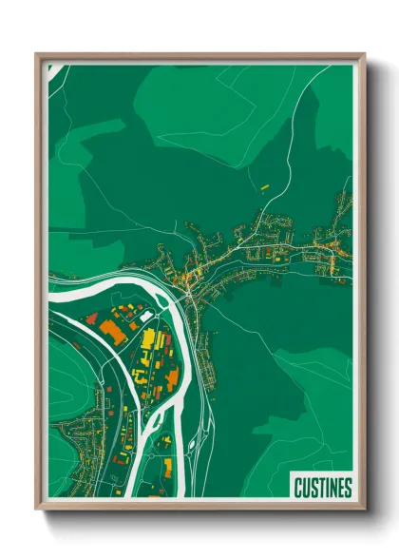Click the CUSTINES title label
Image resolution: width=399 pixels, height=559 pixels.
click(x=322, y=487)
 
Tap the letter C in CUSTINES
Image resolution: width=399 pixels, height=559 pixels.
click(x=297, y=487)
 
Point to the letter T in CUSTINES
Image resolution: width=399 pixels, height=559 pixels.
click(x=318, y=487)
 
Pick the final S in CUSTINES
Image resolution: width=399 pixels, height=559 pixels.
click(x=348, y=487)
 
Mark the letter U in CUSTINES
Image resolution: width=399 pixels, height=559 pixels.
click(x=304, y=487)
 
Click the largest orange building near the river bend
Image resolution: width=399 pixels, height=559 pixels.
click(x=112, y=331)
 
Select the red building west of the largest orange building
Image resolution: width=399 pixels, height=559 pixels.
click(x=92, y=318)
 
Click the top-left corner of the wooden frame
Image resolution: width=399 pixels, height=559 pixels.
click(x=36, y=54)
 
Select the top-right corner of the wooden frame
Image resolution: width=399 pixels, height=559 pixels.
click(x=364, y=54)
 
